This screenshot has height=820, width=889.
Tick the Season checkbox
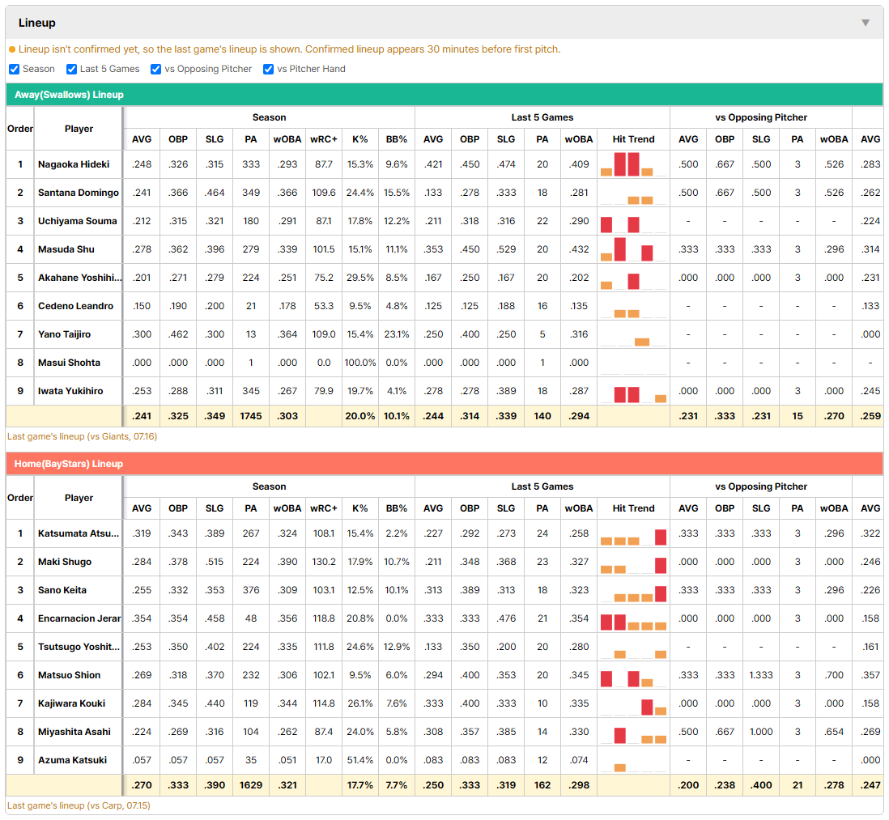[x=15, y=69]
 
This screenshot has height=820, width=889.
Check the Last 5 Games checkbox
[x=71, y=69]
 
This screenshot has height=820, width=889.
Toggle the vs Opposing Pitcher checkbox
[x=156, y=69]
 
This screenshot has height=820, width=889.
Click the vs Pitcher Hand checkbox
[x=268, y=69]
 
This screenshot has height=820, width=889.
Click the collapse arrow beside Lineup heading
[x=866, y=23]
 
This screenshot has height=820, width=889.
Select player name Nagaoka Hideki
[x=74, y=164]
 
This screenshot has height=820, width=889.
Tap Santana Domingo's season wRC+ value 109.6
[x=324, y=193]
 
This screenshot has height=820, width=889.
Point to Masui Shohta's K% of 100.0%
[x=360, y=363]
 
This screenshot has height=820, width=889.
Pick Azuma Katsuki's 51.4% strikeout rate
[x=360, y=760]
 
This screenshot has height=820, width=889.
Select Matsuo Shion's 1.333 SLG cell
[x=761, y=675]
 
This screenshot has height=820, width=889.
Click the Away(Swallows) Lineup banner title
[x=69, y=95]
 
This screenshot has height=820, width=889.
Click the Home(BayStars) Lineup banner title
[x=69, y=464]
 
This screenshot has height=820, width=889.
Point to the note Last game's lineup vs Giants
[x=83, y=436]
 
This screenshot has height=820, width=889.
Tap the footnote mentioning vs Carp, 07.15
[x=79, y=805]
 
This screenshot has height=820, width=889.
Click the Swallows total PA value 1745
[x=251, y=416]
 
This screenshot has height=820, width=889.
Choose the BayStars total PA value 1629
[x=251, y=785]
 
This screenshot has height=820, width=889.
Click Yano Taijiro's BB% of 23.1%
[x=396, y=334]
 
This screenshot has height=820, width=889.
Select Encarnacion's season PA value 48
[x=251, y=618]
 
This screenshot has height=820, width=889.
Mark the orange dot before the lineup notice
[x=12, y=49]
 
